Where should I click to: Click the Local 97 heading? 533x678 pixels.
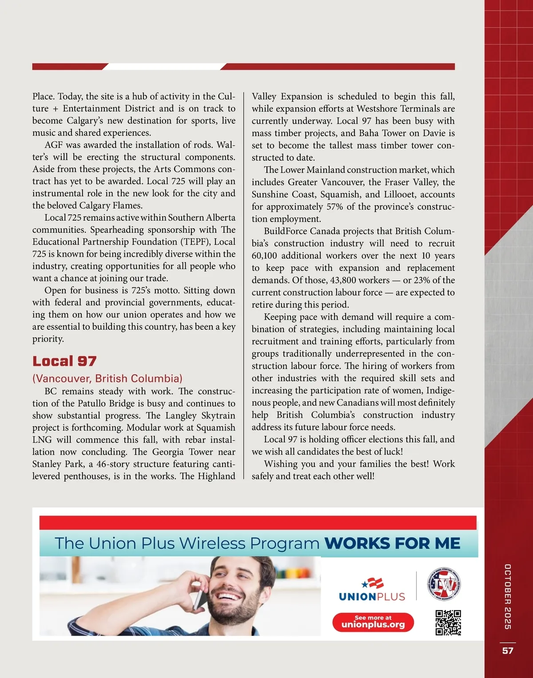pos(64,361)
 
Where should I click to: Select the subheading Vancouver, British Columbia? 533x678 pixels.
pos(107,378)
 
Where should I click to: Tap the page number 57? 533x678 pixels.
pos(508,650)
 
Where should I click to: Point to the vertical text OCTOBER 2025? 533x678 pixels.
pos(508,596)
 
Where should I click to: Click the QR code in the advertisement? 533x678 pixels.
pos(448,622)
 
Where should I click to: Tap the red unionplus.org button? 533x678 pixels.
pos(373,622)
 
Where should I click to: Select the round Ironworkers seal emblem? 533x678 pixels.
pos(444,584)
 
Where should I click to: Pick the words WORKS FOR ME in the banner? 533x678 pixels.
pos(392,543)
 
